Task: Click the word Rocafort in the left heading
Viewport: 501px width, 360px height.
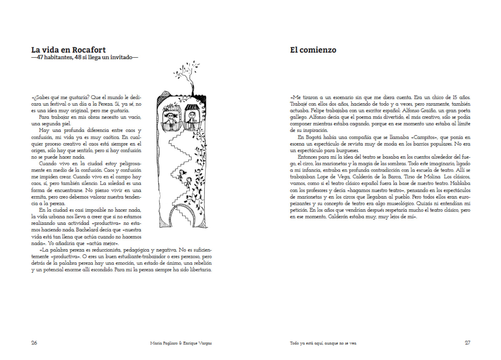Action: [x=89, y=50]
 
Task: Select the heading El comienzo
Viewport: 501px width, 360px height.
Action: [x=313, y=50]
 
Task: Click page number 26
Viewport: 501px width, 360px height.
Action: [x=34, y=343]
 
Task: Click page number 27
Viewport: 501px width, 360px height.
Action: [x=467, y=343]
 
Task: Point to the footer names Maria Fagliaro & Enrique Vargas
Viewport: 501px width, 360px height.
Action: [x=181, y=343]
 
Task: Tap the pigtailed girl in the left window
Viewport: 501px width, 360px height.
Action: [x=171, y=119]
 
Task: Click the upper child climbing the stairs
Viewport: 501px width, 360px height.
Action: [x=181, y=174]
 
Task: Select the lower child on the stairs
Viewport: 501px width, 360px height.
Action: [x=189, y=182]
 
